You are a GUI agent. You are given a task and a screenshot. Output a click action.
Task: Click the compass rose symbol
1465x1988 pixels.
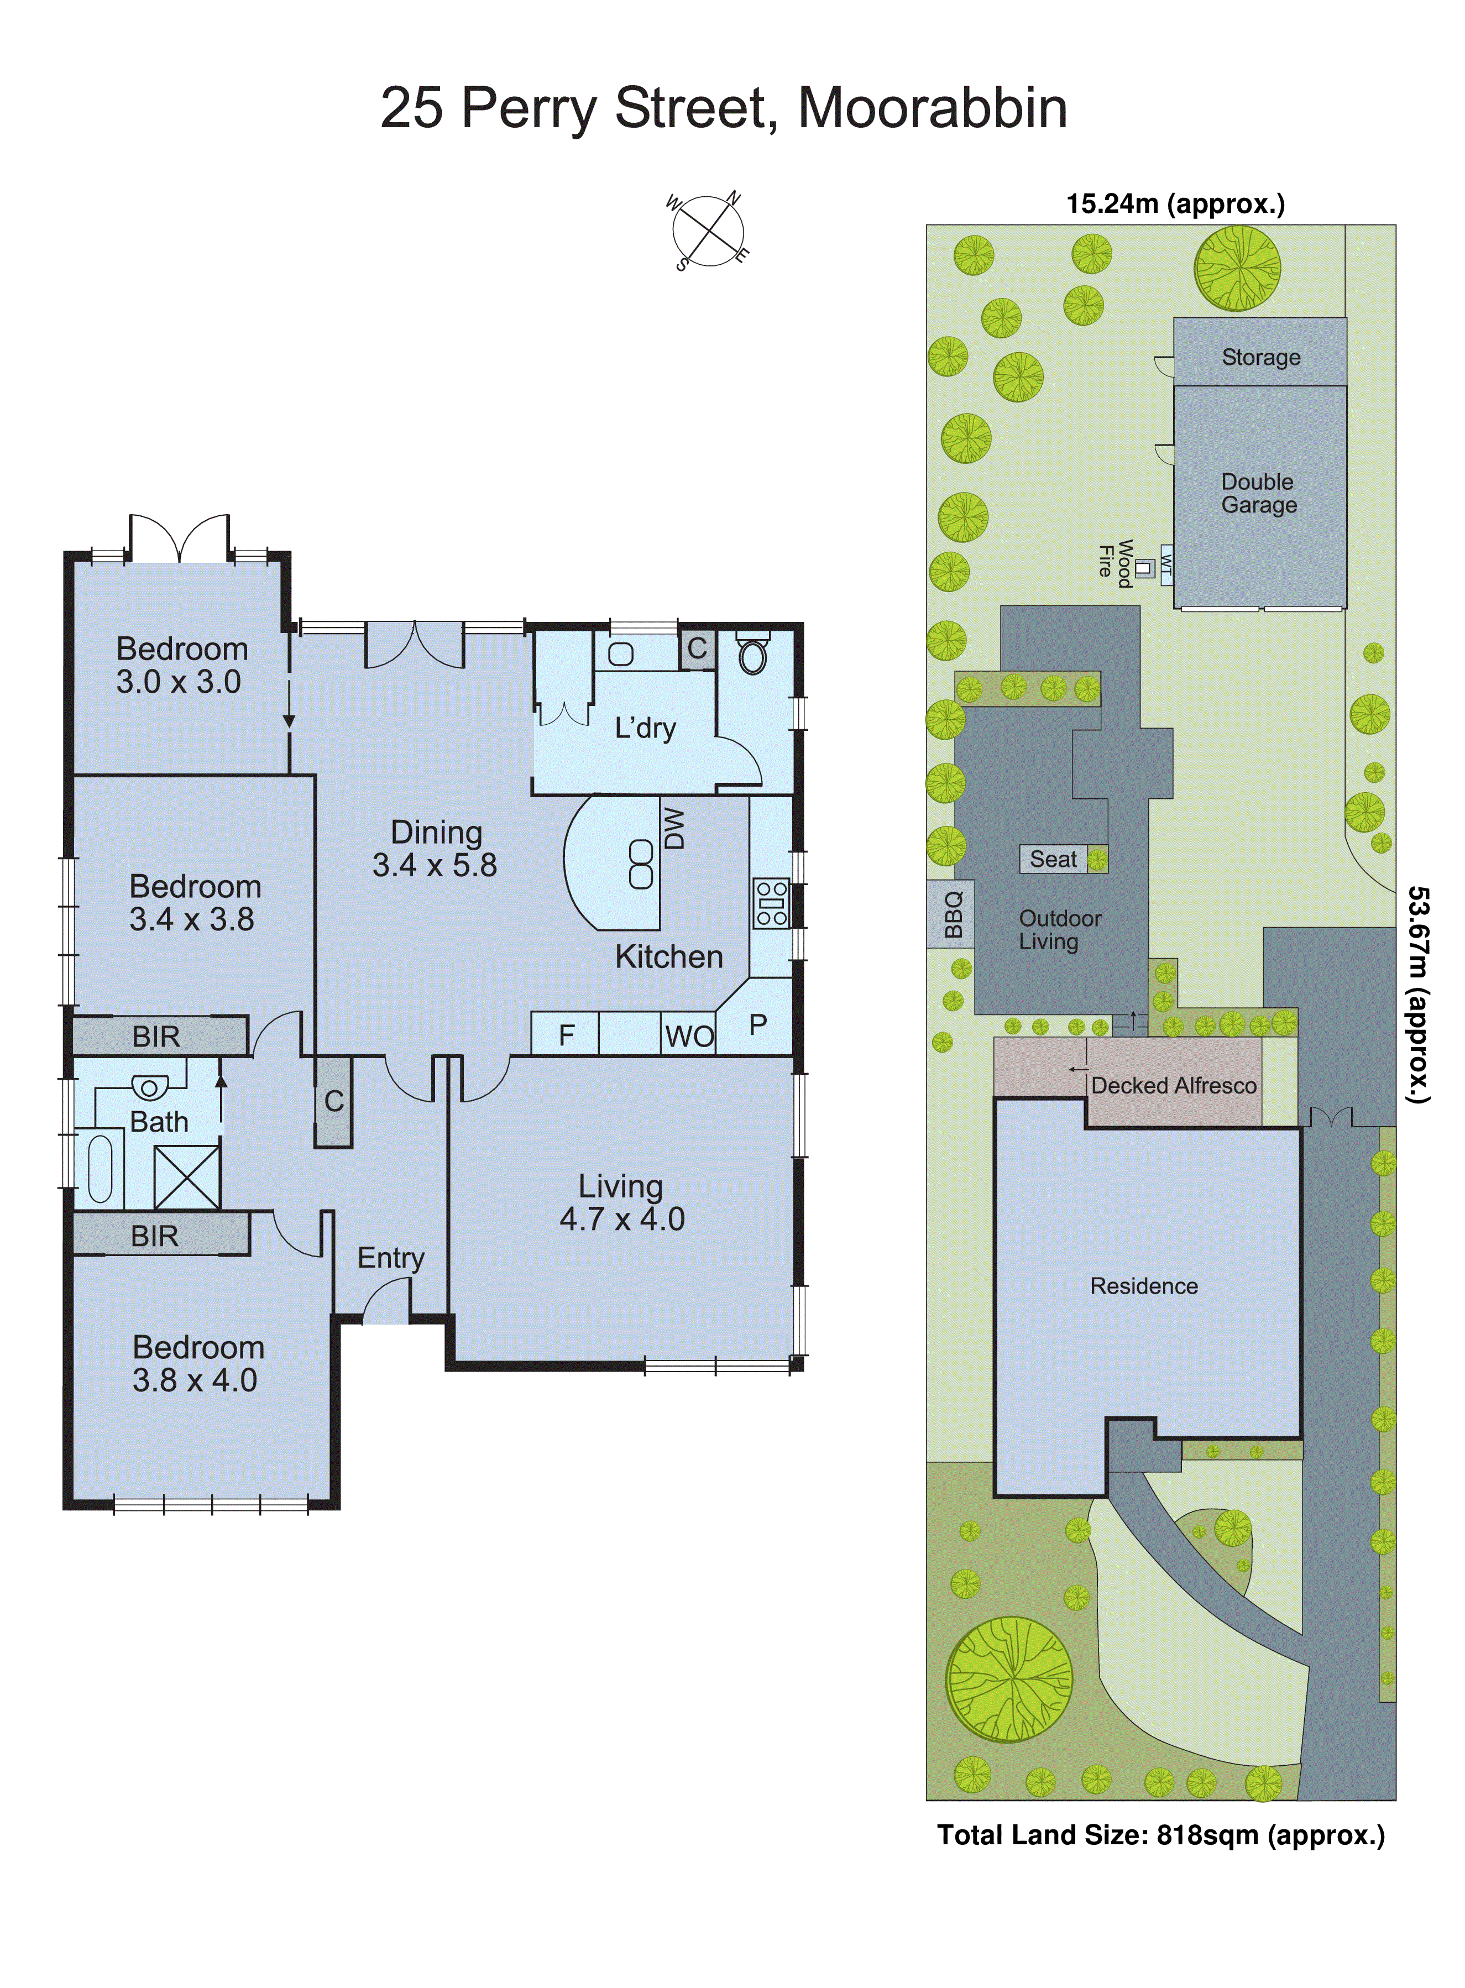pyautogui.click(x=708, y=231)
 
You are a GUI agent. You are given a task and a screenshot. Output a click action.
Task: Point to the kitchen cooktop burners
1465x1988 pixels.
pyautogui.click(x=771, y=903)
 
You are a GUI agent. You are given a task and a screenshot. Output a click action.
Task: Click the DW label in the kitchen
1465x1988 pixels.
pyautogui.click(x=674, y=828)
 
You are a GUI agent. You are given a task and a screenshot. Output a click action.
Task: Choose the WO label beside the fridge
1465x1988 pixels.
pyautogui.click(x=689, y=1035)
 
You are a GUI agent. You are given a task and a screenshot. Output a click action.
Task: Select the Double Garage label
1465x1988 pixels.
pyautogui.click(x=1258, y=493)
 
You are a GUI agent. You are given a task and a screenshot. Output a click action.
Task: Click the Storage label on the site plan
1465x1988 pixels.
pyautogui.click(x=1260, y=357)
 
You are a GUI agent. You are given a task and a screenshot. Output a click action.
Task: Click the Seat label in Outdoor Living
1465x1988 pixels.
pyautogui.click(x=1053, y=859)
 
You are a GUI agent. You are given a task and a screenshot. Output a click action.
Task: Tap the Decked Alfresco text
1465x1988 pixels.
pyautogui.click(x=1173, y=1085)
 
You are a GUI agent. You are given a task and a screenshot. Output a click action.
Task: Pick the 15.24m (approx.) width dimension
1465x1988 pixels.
pyautogui.click(x=1175, y=204)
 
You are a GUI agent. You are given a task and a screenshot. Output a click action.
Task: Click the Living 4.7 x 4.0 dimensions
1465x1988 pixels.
pyautogui.click(x=621, y=1219)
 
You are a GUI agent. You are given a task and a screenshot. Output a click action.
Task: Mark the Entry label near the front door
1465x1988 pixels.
pyautogui.click(x=390, y=1257)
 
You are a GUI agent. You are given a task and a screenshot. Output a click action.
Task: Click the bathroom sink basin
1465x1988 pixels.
pyautogui.click(x=149, y=1087)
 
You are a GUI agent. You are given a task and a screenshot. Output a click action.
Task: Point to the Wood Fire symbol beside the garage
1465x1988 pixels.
pyautogui.click(x=1144, y=568)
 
